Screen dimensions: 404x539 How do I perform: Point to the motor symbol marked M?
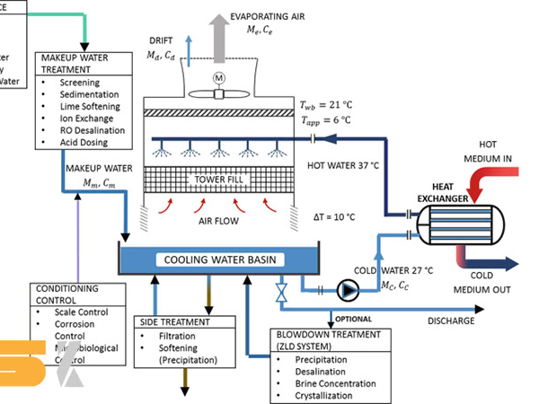216,78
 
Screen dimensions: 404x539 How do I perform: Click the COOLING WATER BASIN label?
219,260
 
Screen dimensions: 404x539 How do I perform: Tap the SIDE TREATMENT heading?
176,321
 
